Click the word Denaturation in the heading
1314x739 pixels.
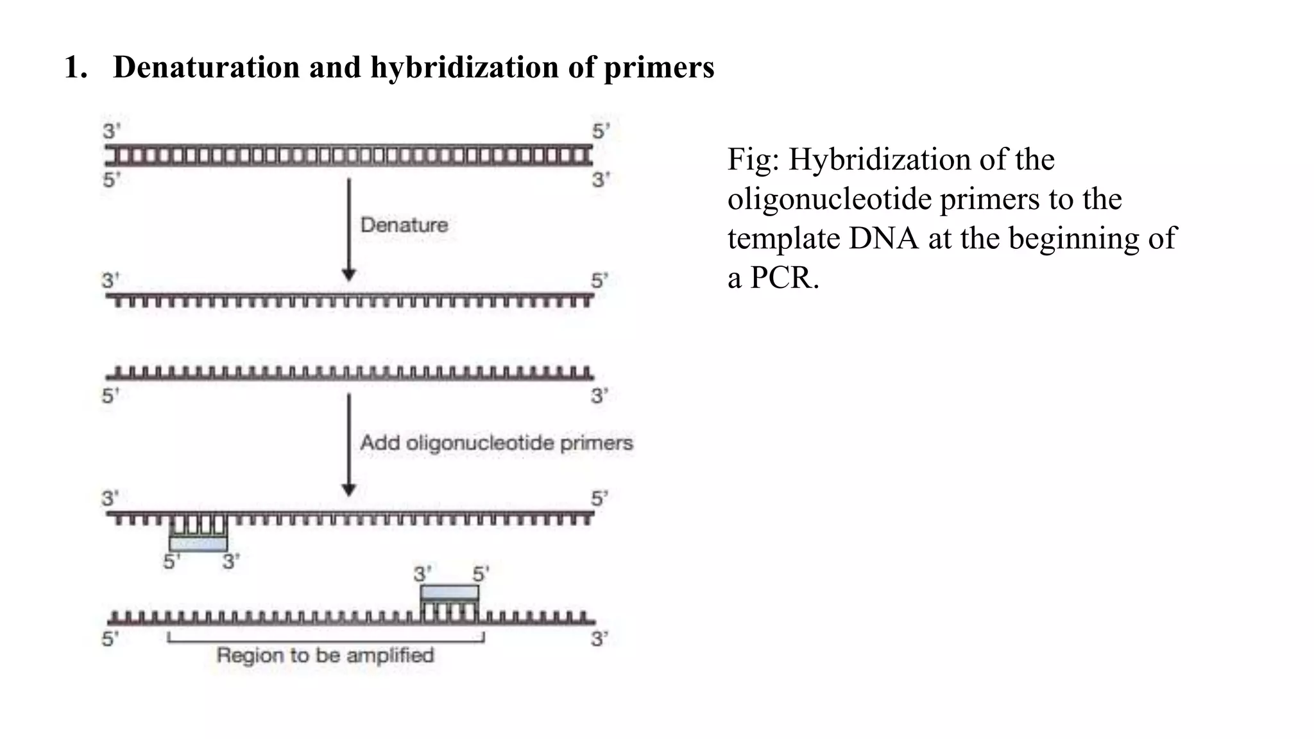(206, 67)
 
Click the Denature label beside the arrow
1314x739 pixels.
(404, 225)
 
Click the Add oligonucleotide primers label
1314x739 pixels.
(497, 443)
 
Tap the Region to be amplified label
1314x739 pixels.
(325, 655)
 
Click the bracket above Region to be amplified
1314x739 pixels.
(325, 639)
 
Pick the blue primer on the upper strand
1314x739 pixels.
(198, 543)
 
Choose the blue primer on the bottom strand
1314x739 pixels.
(449, 593)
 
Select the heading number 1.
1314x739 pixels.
(74, 67)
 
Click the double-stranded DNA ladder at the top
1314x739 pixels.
(349, 155)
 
